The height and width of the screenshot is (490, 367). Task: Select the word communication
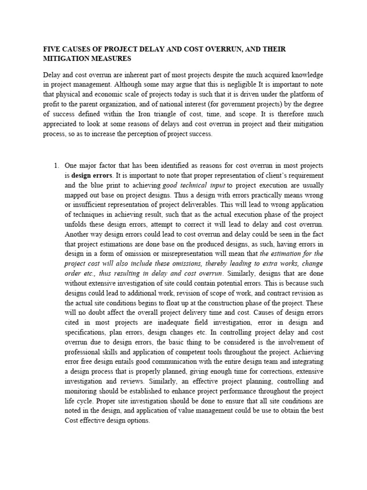[x=170, y=362]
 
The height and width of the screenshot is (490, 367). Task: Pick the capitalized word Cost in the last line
[x=73, y=420]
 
